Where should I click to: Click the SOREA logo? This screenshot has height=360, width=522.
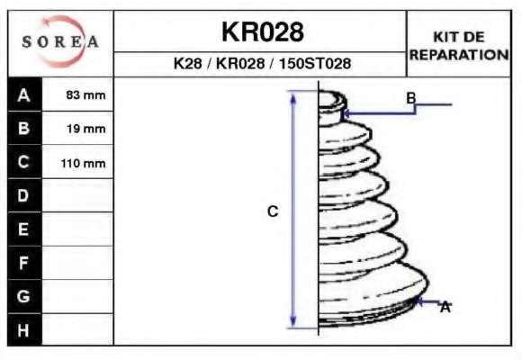point(60,41)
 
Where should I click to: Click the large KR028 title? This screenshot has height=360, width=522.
point(263,32)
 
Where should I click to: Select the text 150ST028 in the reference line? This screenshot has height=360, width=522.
point(315,63)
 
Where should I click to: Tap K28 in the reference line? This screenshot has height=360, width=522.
point(188,63)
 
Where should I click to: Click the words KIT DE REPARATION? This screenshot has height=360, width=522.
point(459,46)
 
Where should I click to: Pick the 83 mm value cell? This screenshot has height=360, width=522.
point(77,94)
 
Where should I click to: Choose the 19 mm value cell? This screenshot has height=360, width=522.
point(77,128)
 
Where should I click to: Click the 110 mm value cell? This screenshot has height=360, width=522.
point(77,162)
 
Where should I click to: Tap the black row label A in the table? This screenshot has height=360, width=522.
point(24,94)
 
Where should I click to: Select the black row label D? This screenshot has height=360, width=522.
point(24,195)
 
